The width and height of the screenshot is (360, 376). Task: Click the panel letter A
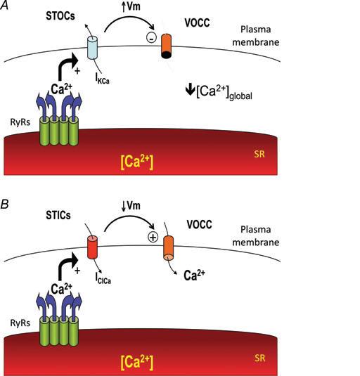[x=6, y=6]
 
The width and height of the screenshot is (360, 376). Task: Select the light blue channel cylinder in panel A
[x=92, y=48]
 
